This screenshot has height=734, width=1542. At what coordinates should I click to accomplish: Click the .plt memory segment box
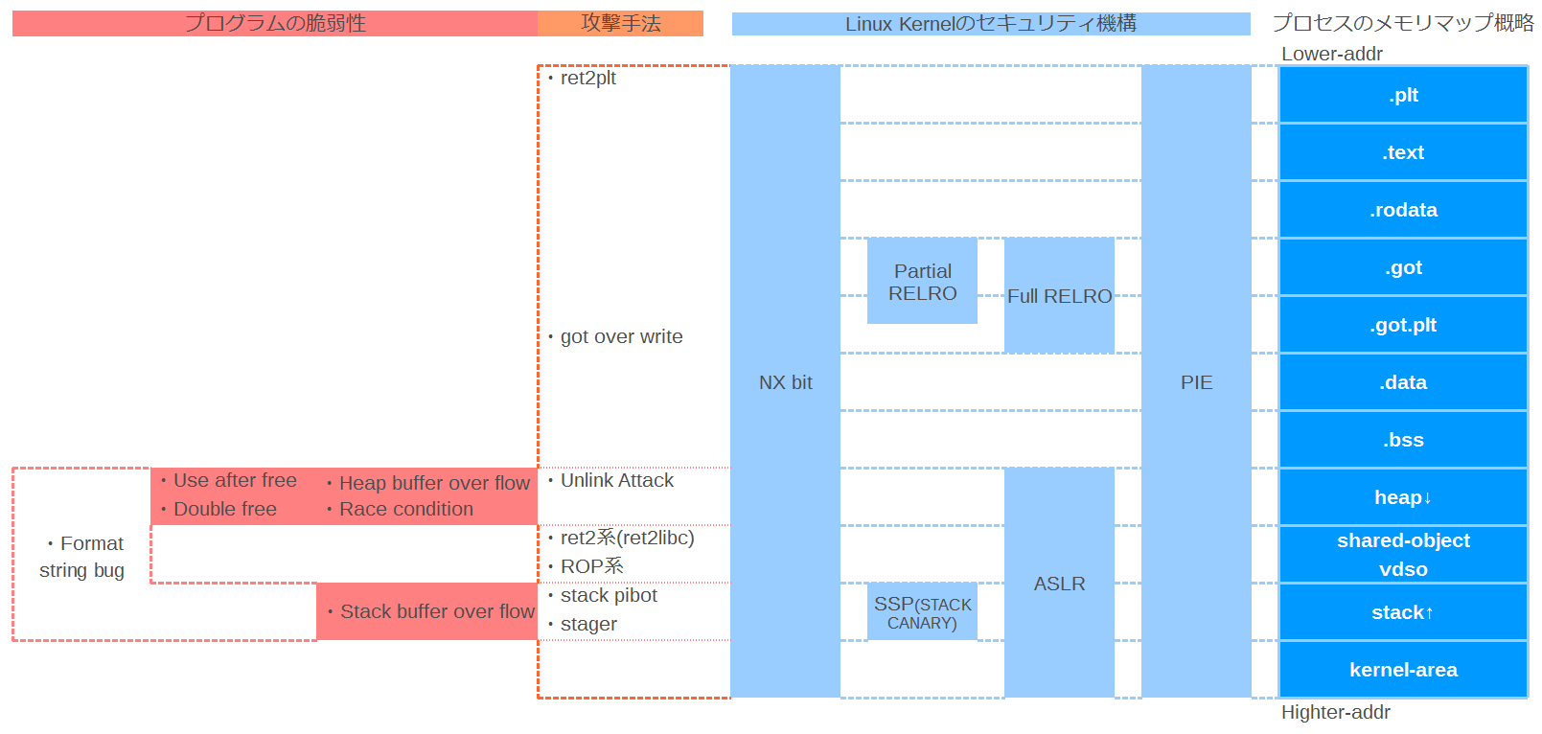1403,95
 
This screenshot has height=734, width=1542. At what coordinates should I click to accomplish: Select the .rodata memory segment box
1403,210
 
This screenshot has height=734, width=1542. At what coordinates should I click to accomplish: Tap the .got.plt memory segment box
1403,325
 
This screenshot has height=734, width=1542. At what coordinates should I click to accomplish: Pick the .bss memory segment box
1403,440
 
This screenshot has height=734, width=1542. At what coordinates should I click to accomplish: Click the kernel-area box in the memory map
1403,670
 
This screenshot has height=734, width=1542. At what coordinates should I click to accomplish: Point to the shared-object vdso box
1403,555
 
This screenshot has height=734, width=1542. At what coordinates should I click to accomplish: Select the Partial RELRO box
922,282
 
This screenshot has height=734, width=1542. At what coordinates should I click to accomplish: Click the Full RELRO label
1059,296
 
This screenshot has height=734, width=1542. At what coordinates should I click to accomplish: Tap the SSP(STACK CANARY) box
922,612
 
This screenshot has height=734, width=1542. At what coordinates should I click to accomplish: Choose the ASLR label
1059,584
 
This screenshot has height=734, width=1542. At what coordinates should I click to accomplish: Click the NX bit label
785,382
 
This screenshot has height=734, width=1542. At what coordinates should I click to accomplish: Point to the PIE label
1196,382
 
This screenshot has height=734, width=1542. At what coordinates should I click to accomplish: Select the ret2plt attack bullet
587,78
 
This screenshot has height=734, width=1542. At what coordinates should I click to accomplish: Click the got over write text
621,336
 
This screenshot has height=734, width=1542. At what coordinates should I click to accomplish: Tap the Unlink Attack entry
616,480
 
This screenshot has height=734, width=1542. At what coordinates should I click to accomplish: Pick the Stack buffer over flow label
437,611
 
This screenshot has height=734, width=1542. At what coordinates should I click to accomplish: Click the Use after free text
235,480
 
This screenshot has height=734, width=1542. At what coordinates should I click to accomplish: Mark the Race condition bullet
405,509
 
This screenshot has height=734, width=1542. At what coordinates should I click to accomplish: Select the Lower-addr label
1331,54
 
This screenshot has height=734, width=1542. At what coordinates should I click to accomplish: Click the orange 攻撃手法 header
621,23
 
